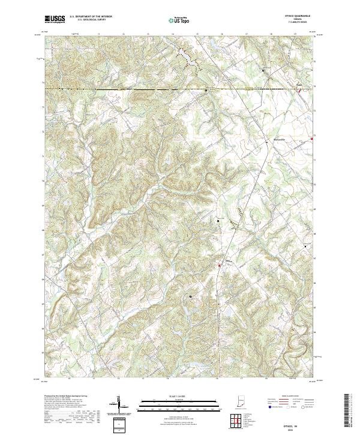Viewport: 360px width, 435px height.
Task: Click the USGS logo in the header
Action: pyautogui.click(x=55, y=19)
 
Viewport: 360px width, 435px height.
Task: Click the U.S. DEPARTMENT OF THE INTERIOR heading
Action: pyautogui.click(x=91, y=16)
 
